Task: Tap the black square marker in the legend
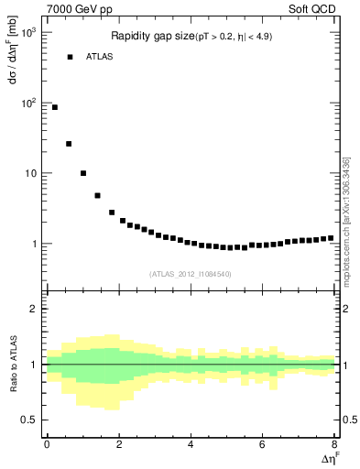click(70, 57)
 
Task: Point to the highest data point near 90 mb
click(55, 107)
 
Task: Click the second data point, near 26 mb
click(69, 144)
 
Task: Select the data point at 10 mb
click(83, 173)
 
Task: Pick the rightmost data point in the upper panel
click(331, 238)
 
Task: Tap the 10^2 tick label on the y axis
click(28, 104)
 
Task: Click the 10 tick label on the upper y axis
click(30, 174)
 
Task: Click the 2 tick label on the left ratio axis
click(34, 309)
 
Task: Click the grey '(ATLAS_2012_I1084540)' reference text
click(191, 274)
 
